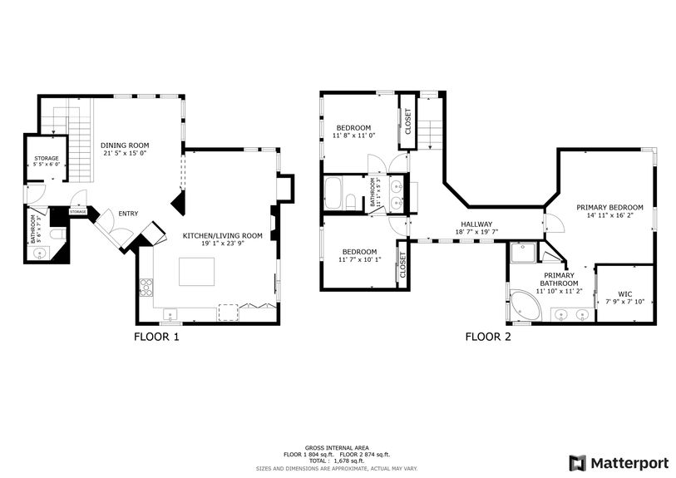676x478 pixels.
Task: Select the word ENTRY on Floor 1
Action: tap(128, 214)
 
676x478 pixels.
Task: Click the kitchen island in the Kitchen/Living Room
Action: tap(197, 272)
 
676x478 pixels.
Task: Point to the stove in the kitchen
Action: tap(146, 288)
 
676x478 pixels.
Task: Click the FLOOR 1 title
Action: tap(156, 337)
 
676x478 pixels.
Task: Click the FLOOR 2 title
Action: tap(487, 337)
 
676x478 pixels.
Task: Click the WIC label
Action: tap(625, 293)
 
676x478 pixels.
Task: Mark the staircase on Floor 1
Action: tap(77, 150)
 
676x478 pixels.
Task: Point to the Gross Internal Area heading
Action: tap(338, 448)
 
